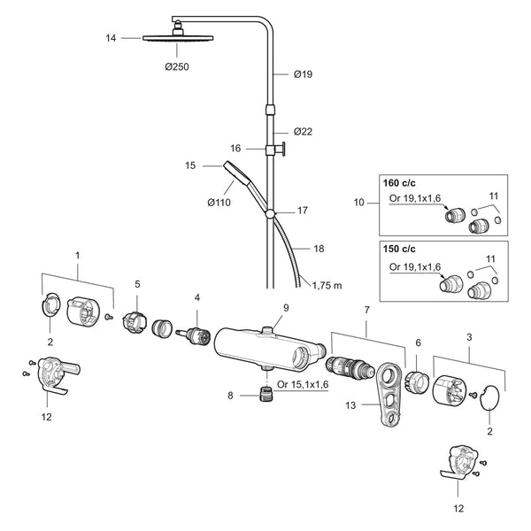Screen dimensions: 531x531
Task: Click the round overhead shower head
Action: (178, 37)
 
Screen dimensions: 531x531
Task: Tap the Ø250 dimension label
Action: (177, 66)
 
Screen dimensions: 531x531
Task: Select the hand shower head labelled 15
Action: (237, 172)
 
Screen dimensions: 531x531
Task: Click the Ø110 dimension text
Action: (219, 203)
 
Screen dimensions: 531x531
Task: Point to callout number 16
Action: (235, 149)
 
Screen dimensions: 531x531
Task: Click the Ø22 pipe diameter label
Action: (303, 131)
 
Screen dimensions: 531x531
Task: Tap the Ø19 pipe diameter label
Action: (303, 74)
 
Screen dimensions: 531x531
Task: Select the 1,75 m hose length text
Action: (327, 286)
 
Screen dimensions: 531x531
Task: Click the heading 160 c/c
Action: (399, 183)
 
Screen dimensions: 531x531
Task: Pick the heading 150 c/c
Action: (399, 249)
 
